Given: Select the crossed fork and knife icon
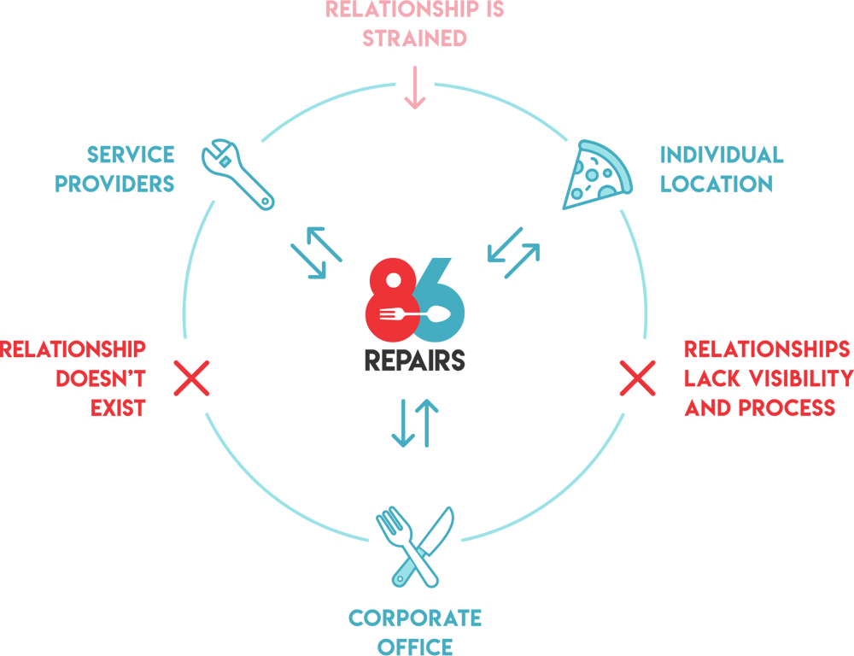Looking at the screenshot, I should click(415, 546).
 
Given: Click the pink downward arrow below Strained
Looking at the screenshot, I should click(415, 90).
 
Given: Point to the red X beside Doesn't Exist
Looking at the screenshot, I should click(192, 378).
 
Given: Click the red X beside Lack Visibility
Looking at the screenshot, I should click(636, 378).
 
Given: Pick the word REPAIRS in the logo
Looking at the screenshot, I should click(415, 359).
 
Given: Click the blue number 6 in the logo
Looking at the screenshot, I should click(444, 299).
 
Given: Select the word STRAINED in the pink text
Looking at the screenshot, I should click(415, 38).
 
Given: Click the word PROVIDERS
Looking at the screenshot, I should click(114, 184).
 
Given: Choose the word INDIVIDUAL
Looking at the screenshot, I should click(722, 155).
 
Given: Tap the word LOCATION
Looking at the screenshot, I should click(717, 184).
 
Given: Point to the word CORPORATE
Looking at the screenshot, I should click(415, 618).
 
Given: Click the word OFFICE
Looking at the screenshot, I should click(415, 646).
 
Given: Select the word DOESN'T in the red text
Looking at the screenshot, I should click(101, 378).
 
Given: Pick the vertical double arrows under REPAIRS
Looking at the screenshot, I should click(415, 424).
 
